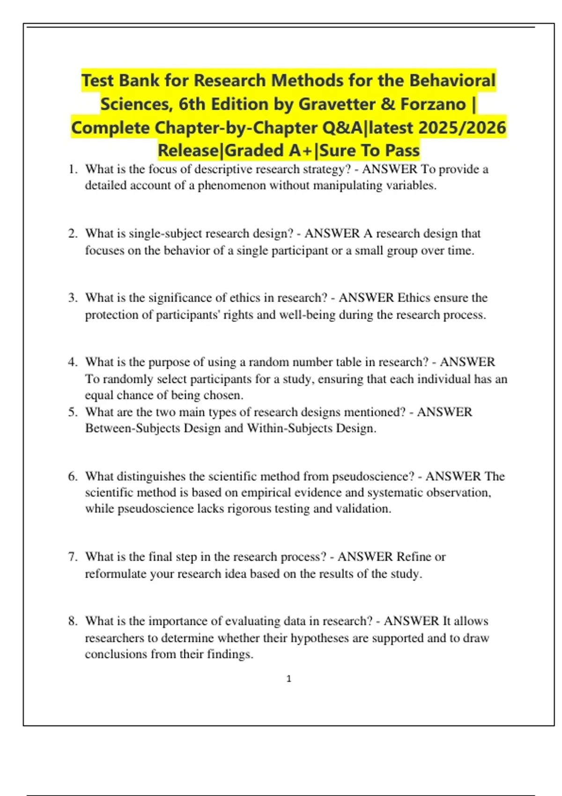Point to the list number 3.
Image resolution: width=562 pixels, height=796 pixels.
(73, 298)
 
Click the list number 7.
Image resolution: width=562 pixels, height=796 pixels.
(73, 557)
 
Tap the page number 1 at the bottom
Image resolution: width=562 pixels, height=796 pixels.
(288, 678)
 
